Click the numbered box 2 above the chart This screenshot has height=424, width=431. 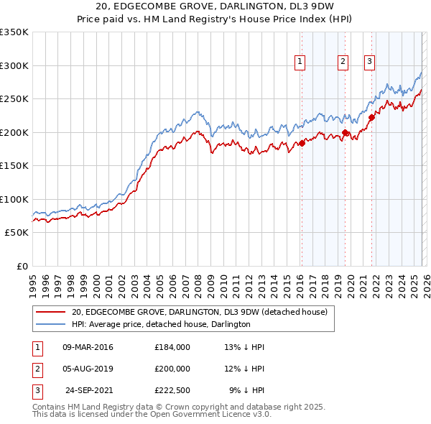(343, 63)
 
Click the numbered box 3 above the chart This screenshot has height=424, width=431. (369, 63)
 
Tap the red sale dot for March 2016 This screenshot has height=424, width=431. (302, 143)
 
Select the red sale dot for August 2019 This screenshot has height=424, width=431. (346, 132)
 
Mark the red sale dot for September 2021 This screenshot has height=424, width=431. (372, 117)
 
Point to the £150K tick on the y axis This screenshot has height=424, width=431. (14, 165)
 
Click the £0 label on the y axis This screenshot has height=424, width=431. (22, 266)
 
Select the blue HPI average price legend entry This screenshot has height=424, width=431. (160, 325)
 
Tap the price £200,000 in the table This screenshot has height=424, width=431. (172, 369)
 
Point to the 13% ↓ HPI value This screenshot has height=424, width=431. (245, 347)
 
